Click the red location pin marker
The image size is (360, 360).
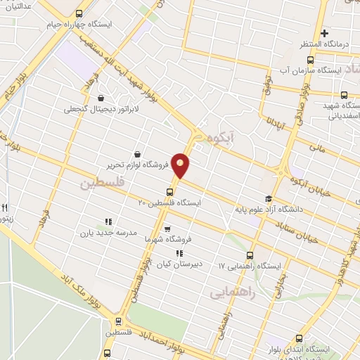click(181, 165)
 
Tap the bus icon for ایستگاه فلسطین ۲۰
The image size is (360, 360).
click(170, 192)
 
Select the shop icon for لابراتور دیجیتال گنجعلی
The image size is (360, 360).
click(102, 98)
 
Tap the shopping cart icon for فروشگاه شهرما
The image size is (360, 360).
click(167, 229)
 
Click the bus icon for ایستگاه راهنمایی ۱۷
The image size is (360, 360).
click(250, 256)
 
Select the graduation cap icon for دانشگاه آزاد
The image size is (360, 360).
click(267, 199)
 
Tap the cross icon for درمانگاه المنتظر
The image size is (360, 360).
click(324, 33)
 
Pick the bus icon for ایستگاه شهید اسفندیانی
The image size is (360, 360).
click(344, 95)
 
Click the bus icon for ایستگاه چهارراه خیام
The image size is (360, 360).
click(78, 13)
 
